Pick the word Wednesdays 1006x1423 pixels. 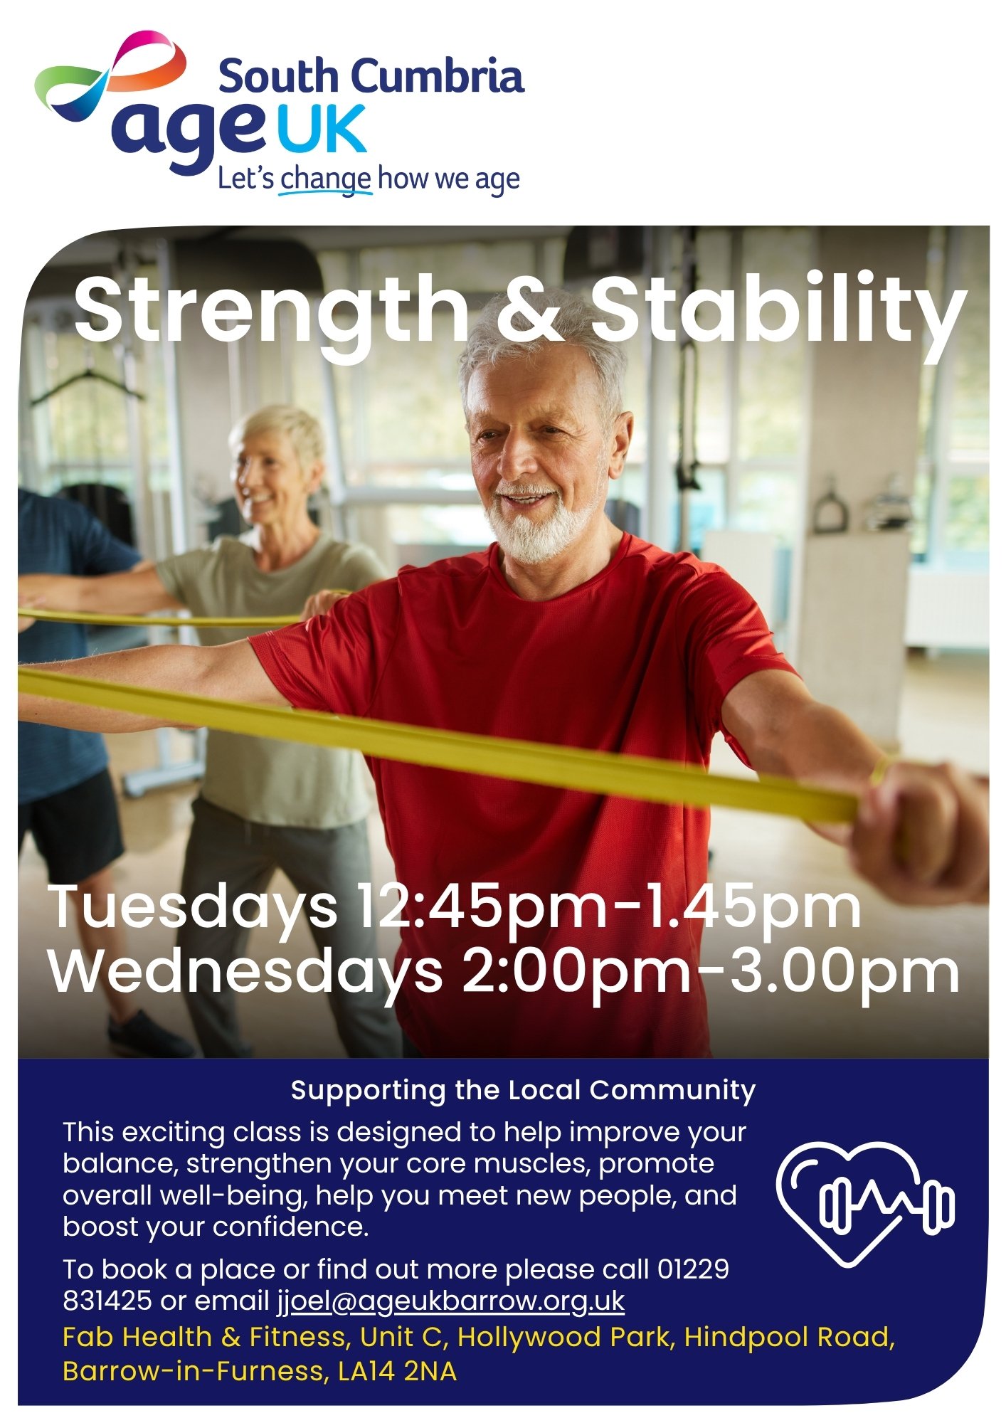(246, 973)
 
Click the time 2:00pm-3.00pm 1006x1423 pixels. (711, 973)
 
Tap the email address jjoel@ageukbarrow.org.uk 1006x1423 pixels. (451, 1301)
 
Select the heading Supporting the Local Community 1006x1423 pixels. (523, 1091)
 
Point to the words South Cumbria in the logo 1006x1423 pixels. (371, 76)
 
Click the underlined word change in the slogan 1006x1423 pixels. (325, 179)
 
